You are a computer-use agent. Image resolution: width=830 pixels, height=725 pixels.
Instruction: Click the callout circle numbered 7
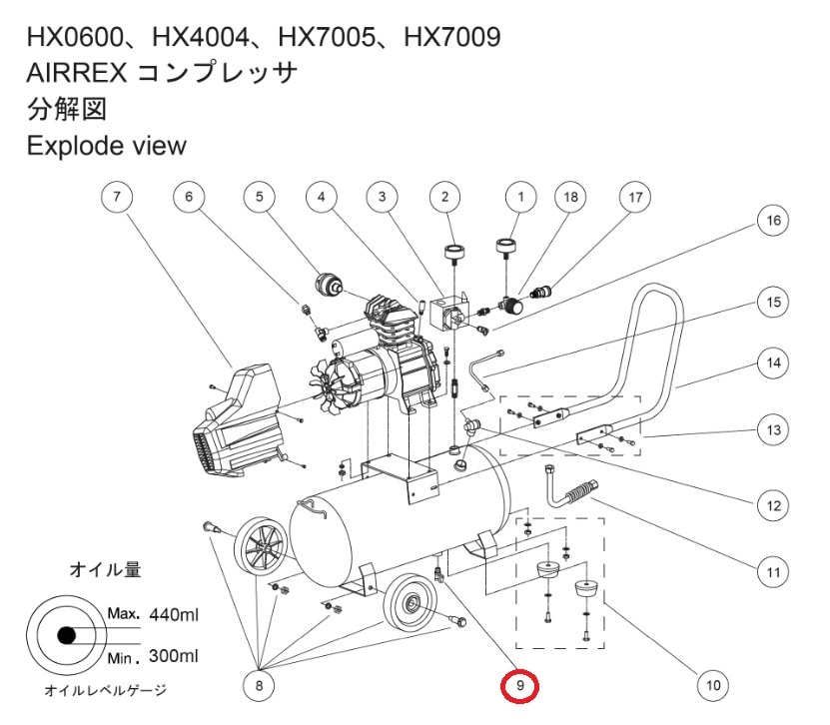pos(118,197)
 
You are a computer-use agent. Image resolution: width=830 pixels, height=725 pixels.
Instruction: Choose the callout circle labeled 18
pos(571,197)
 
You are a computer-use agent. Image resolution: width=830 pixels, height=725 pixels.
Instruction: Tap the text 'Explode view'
pos(106,145)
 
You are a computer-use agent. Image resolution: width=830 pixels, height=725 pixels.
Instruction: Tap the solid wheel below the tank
pos(410,603)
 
